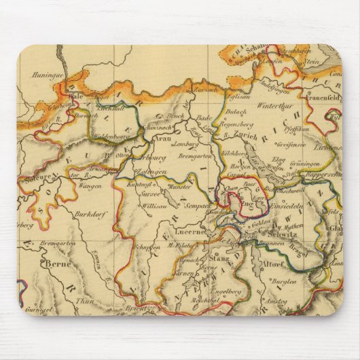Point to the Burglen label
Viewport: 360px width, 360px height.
(x=285, y=280)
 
